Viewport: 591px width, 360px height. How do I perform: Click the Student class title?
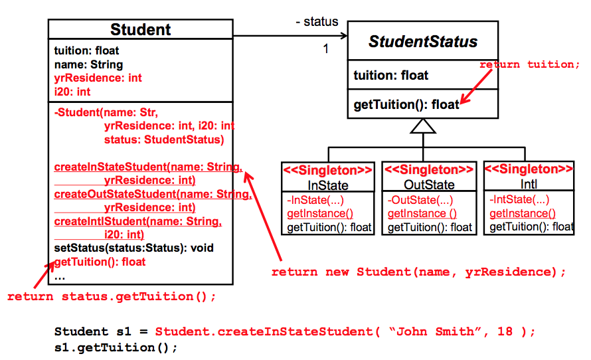(140, 29)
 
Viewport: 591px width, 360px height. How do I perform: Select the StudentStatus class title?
(423, 42)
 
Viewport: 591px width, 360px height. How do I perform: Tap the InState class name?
(328, 185)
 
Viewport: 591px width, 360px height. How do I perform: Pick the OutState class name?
(429, 185)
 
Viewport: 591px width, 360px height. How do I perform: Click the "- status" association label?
(317, 22)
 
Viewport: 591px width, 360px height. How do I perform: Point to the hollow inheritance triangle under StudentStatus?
(423, 126)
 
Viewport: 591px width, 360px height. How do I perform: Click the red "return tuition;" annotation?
(530, 64)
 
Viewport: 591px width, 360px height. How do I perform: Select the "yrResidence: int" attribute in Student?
(98, 78)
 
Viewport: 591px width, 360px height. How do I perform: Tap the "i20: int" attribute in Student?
(72, 92)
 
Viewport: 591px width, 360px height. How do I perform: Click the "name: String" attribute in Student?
(88, 64)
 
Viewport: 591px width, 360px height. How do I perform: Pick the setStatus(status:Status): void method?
(133, 248)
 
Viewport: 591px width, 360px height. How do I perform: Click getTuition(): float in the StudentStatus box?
(406, 105)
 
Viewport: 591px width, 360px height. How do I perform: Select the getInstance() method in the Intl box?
(523, 213)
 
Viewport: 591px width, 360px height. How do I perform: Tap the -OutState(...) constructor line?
(420, 200)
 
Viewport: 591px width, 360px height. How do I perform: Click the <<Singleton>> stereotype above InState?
(328, 170)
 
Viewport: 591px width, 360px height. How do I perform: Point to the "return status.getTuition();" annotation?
(112, 296)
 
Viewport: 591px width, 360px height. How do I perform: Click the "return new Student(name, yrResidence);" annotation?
(419, 272)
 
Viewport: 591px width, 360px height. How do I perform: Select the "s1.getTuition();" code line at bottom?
(116, 347)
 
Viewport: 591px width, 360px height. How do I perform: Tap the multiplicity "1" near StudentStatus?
(326, 48)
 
